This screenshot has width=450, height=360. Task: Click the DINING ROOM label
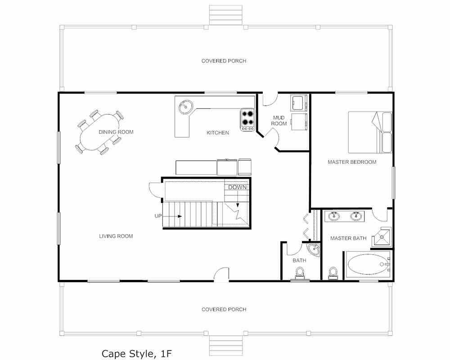pos(116,132)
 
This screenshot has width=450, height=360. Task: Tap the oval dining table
pos(99,132)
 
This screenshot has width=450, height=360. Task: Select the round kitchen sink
pos(186,107)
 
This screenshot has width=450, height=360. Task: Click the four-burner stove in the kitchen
pos(247,120)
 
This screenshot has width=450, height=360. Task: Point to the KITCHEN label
pos(218,133)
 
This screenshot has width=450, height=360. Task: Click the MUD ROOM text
pos(279,121)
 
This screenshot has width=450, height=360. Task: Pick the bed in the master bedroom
pos(370,132)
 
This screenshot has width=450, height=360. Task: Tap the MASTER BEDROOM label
pos(352,162)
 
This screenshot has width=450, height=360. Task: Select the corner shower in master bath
pos(381,237)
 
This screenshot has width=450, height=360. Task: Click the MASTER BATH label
pos(348,238)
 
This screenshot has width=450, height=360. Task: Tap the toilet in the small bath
pos(300,273)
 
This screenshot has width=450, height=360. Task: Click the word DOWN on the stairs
pos(237,188)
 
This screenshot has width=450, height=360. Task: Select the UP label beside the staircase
pos(158,216)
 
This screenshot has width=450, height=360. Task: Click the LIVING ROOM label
pos(116,236)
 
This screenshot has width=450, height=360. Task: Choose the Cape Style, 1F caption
pos(137,353)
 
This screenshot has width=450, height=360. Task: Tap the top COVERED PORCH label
pos(224,61)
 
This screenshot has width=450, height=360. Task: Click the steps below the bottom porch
pos(225,346)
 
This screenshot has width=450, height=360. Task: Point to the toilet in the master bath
pos(333,273)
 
